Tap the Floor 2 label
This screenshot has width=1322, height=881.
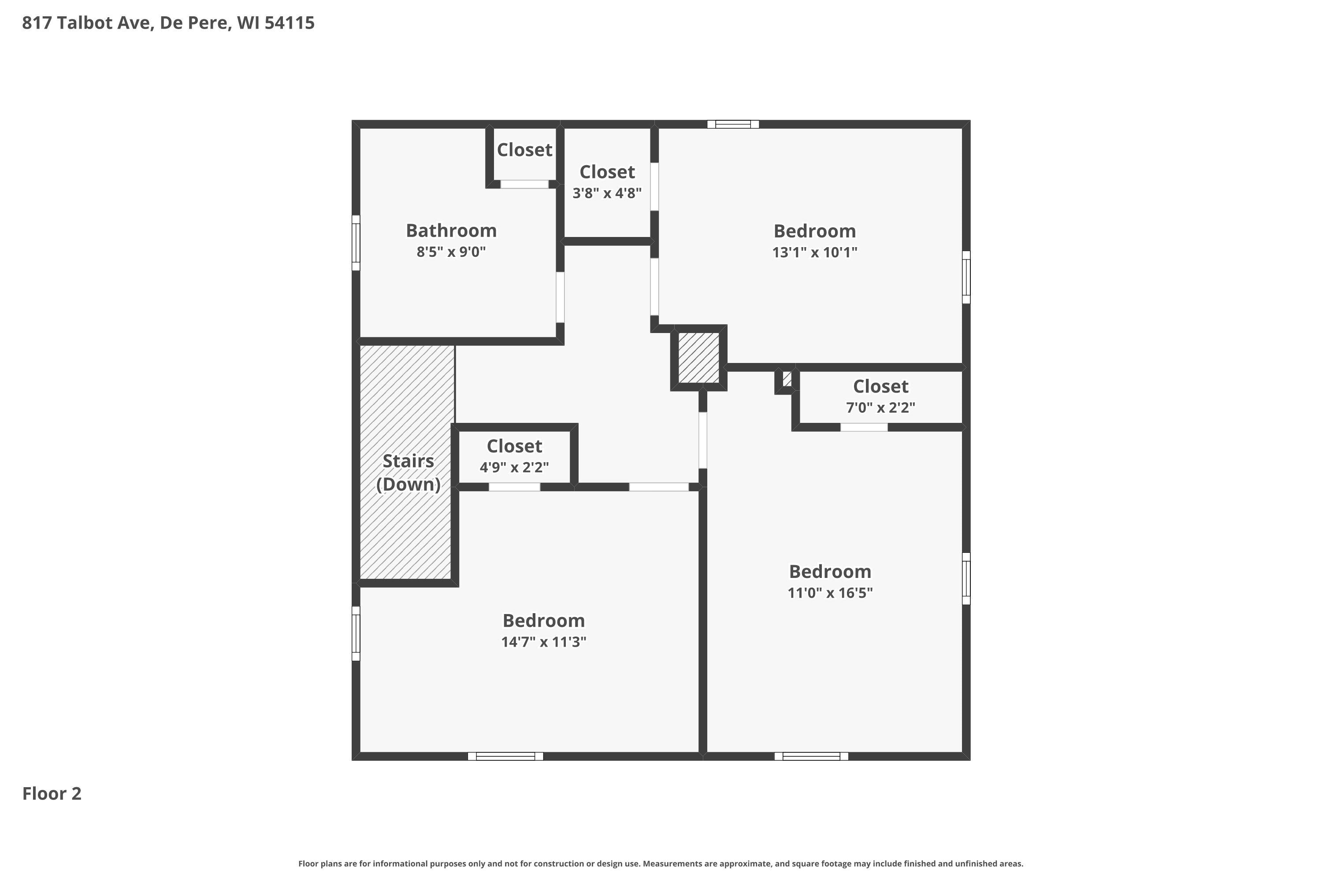pyautogui.click(x=52, y=793)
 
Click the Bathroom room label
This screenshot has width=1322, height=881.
pyautogui.click(x=451, y=230)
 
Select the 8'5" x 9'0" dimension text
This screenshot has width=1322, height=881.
pyautogui.click(x=451, y=252)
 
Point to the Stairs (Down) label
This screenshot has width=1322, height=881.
pyautogui.click(x=408, y=473)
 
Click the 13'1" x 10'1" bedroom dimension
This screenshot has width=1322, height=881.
pyautogui.click(x=814, y=252)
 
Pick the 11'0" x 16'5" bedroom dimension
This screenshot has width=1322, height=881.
pyautogui.click(x=830, y=593)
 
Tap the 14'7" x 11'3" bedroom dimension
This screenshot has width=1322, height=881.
pyautogui.click(x=543, y=642)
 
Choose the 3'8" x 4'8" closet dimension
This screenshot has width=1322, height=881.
pyautogui.click(x=607, y=193)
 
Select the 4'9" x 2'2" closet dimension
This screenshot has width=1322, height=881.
pyautogui.click(x=514, y=467)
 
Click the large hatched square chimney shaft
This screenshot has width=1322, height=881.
pyautogui.click(x=698, y=358)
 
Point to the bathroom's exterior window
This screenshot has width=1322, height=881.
pyautogui.click(x=356, y=243)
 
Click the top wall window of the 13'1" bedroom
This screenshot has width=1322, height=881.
pyautogui.click(x=733, y=124)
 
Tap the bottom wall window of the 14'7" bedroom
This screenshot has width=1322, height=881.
pyautogui.click(x=505, y=756)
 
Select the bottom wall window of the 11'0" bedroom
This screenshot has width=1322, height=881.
pyautogui.click(x=811, y=756)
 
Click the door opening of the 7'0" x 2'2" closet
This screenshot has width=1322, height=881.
pyautogui.click(x=864, y=427)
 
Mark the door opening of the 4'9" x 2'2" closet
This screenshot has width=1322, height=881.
pyautogui.click(x=514, y=487)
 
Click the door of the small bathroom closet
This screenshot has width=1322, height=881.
pyautogui.click(x=524, y=184)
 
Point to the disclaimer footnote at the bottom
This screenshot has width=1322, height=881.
pyautogui.click(x=661, y=863)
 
